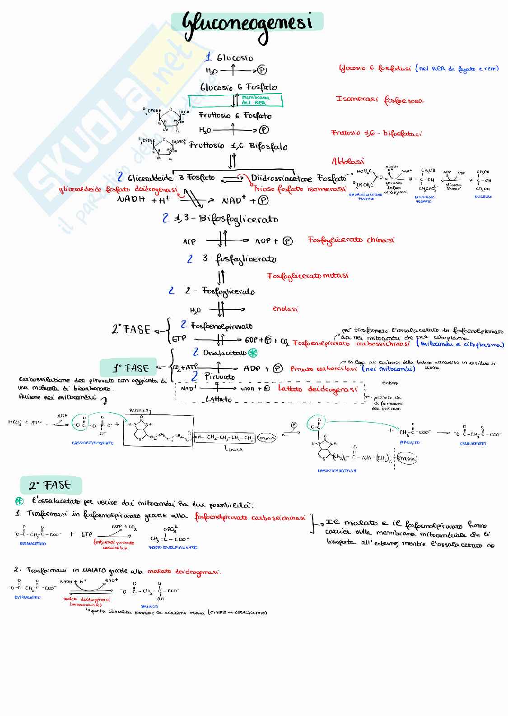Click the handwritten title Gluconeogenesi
coord(247,23)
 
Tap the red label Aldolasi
coord(348,161)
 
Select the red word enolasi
coord(285,309)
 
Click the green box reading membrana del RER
coord(256,100)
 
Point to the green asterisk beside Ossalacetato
coord(253,353)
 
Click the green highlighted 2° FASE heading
coord(51,485)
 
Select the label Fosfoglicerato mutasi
coord(308,275)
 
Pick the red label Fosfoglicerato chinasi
coord(351,240)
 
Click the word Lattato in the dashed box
coord(219,399)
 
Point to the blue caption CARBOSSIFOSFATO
coord(93,443)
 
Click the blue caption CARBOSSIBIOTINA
coord(337,470)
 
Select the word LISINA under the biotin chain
coord(233,450)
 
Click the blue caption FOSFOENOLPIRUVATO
coord(173,548)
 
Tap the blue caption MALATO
coord(149,606)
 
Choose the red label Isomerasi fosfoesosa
coord(379,100)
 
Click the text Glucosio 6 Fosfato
coord(238,87)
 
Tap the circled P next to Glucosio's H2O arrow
coord(262,70)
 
